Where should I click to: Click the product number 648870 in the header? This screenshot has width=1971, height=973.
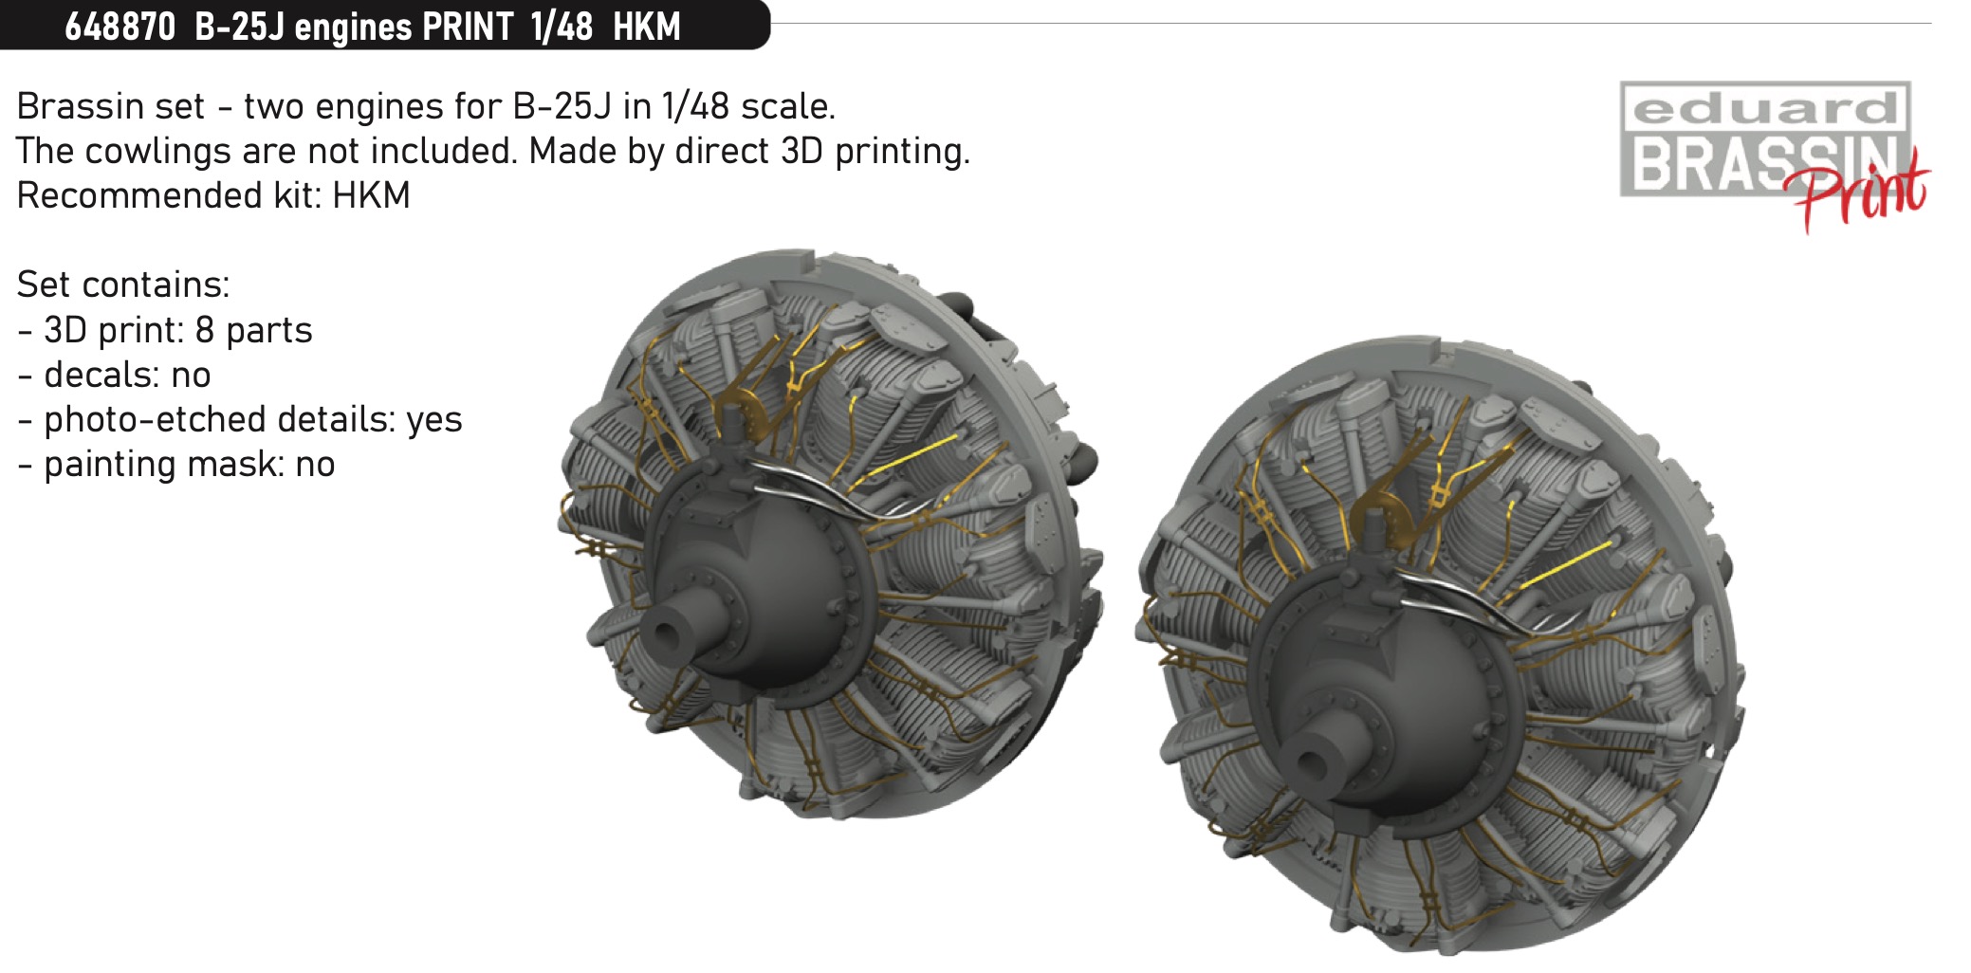[120, 27]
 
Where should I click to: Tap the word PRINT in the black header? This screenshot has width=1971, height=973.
[468, 27]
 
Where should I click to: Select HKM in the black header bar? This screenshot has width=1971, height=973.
[647, 27]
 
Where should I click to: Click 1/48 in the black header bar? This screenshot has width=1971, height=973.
[562, 27]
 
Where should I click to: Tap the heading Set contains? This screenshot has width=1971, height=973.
[123, 285]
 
